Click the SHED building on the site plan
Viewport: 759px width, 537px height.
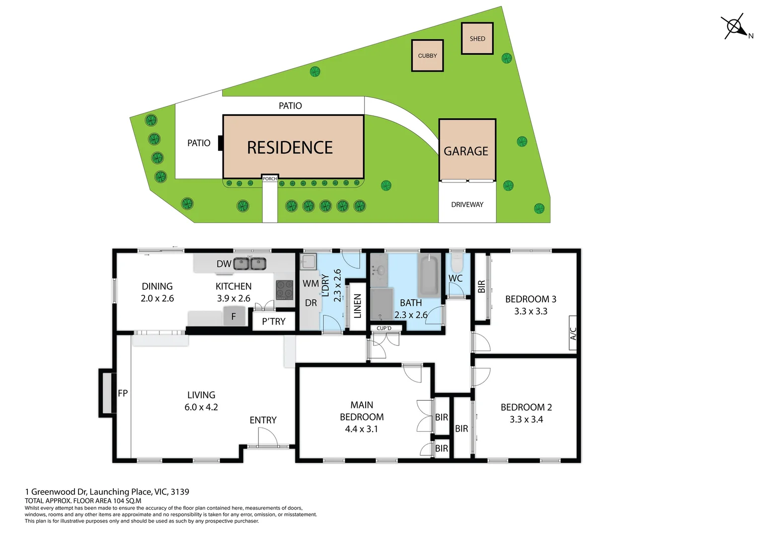coord(477,38)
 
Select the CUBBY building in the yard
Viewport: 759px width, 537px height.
coord(427,56)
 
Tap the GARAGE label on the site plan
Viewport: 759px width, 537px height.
coord(466,151)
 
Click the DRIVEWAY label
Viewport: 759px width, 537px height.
coord(467,204)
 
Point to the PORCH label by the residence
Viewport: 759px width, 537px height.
coord(270,179)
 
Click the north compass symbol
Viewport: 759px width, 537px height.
coord(735,27)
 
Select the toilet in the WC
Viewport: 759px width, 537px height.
coord(457,263)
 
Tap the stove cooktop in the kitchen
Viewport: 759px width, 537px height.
coord(284,289)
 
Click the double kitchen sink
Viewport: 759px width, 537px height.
coord(250,264)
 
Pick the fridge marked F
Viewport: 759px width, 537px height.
coord(234,316)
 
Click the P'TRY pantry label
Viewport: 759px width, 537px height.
coord(274,321)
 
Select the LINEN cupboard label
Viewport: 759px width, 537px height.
coord(358,306)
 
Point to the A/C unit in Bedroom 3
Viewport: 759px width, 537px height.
coord(573,333)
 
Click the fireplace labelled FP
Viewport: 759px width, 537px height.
coord(108,393)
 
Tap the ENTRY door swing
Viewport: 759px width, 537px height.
coord(268,437)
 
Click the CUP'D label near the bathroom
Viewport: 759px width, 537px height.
coord(384,328)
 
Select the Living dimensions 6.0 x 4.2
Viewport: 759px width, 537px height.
coord(201,407)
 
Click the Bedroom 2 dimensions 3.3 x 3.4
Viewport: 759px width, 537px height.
coord(526,419)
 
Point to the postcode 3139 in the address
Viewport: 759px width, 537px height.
coord(180,492)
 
